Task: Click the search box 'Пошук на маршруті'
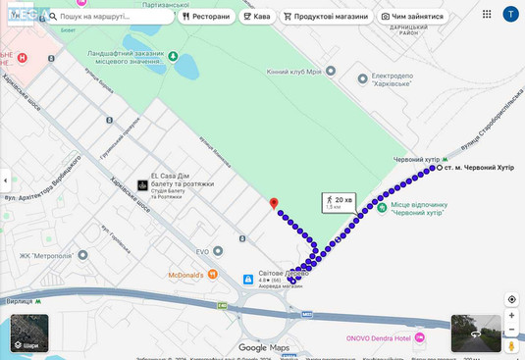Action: pyautogui.click(x=108, y=17)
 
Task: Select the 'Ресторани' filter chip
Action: pyautogui.click(x=206, y=17)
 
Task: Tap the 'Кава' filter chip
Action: pyautogui.click(x=256, y=17)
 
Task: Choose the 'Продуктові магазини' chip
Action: pyautogui.click(x=326, y=17)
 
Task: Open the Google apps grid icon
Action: pyautogui.click(x=487, y=15)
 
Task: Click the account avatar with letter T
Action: pyautogui.click(x=510, y=15)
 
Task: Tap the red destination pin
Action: pyautogui.click(x=274, y=203)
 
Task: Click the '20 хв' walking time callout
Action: pyautogui.click(x=340, y=202)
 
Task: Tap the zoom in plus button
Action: pyautogui.click(x=511, y=316)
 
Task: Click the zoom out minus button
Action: pyautogui.click(x=511, y=331)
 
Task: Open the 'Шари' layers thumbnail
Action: pyautogui.click(x=29, y=333)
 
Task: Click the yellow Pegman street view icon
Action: pyautogui.click(x=511, y=346)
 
